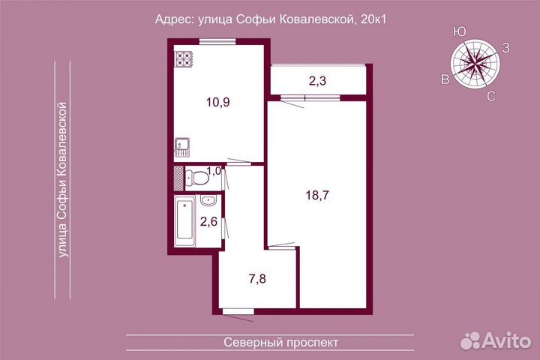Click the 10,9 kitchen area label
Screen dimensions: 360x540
[x=217, y=103]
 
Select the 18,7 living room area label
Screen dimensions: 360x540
[x=317, y=196]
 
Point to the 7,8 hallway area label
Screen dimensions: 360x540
[x=257, y=279]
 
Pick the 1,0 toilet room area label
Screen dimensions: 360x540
[x=214, y=171]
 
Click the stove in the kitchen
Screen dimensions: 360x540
[x=185, y=58]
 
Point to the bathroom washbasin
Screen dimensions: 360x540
[x=208, y=201]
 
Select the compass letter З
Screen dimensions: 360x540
[x=506, y=48]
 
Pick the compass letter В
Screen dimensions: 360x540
[x=445, y=79]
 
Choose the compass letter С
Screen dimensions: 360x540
[x=490, y=95]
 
